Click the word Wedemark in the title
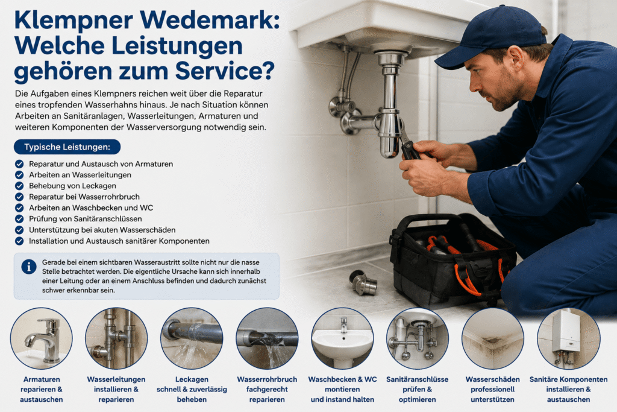[209, 20]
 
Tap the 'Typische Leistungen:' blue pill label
[67, 147]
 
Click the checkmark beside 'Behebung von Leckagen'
[19, 186]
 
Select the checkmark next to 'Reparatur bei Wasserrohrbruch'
[19, 197]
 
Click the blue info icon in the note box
[29, 267]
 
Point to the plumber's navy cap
[492, 36]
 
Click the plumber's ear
[516, 60]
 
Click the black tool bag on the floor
[453, 260]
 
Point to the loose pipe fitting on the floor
[363, 282]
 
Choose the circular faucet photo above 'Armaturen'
[42, 338]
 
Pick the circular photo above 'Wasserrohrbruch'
[267, 338]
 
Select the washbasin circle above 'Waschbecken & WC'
[342, 338]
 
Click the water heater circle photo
[569, 338]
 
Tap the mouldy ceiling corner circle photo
[493, 338]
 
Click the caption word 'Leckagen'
[192, 379]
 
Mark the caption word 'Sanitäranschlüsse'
[417, 379]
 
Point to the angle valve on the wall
[341, 106]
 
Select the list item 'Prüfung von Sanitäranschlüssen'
[86, 219]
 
